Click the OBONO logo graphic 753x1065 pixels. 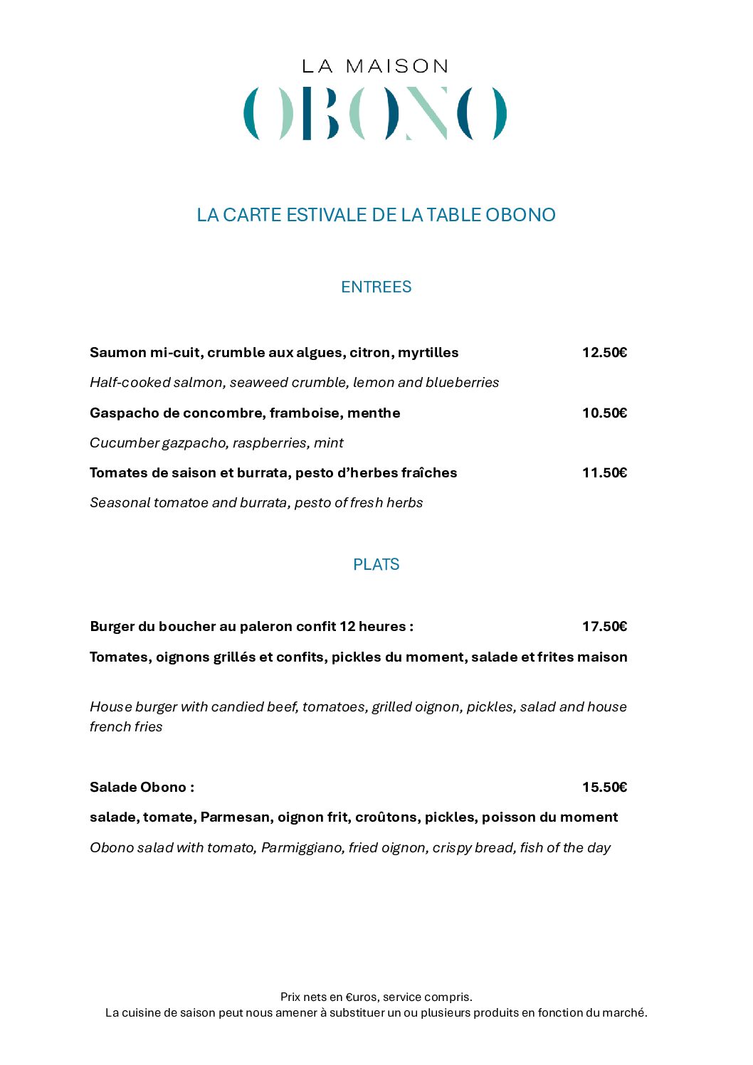[x=376, y=113]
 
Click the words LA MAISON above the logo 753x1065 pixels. [x=376, y=66]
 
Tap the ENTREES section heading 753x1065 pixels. [x=376, y=287]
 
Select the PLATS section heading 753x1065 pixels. [x=376, y=564]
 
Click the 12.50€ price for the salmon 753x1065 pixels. [x=604, y=352]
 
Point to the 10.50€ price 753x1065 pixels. [x=604, y=413]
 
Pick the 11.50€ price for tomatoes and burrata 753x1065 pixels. [x=604, y=472]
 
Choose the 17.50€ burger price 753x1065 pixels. [x=604, y=626]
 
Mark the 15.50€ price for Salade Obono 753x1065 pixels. [x=604, y=787]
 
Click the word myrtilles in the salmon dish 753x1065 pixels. [x=428, y=352]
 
